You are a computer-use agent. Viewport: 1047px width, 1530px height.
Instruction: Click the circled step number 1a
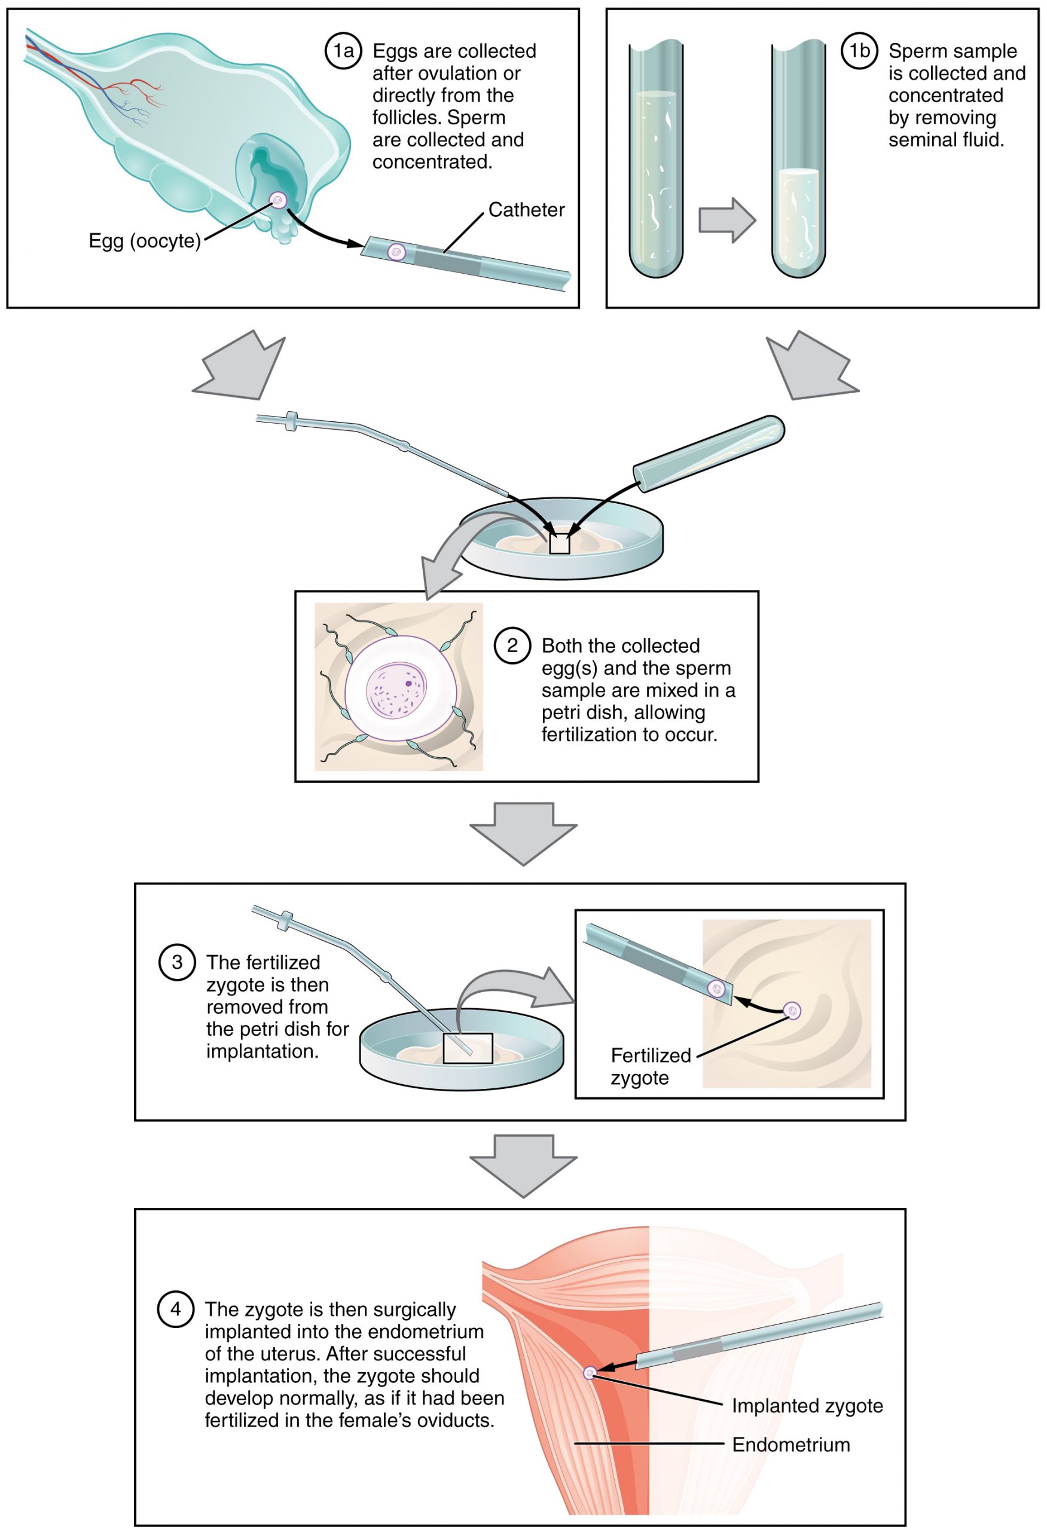tap(343, 51)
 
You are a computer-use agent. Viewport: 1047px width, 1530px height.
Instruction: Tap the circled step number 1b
tap(859, 51)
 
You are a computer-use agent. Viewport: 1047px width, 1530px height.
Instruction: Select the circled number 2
tap(512, 645)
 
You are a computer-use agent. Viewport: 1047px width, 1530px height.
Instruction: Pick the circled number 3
tap(176, 962)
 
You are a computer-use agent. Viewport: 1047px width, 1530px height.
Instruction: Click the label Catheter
tap(526, 210)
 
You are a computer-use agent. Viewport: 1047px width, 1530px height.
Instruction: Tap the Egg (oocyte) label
tap(144, 241)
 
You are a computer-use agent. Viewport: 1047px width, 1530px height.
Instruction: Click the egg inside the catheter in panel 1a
tap(396, 251)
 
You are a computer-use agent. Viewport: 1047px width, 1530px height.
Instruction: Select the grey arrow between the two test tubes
tap(727, 220)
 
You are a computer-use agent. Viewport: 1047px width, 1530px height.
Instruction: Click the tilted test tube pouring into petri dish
tap(708, 454)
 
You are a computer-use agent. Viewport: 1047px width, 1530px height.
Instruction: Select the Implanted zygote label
tap(807, 1406)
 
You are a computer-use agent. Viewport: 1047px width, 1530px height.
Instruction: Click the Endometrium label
tap(790, 1445)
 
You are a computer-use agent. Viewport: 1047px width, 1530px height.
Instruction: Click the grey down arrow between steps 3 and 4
tap(523, 1165)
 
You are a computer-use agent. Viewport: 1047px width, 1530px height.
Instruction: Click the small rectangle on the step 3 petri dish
tap(467, 1048)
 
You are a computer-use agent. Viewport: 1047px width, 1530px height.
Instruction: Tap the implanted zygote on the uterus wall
tap(590, 1372)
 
